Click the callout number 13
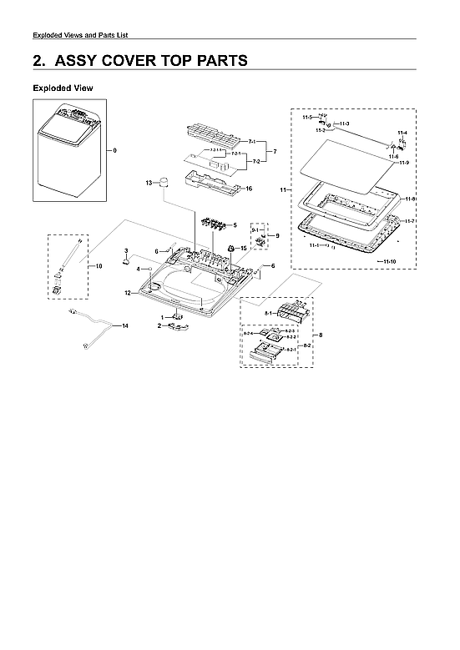148,182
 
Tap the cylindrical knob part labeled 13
164,184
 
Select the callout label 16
248,189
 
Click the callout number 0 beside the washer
115,150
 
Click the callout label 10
98,266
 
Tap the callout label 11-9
403,162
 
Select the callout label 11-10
386,263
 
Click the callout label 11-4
402,134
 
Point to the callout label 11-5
306,118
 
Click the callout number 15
244,249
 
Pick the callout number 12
128,294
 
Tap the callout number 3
125,251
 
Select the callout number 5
235,225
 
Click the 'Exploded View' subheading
63,88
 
